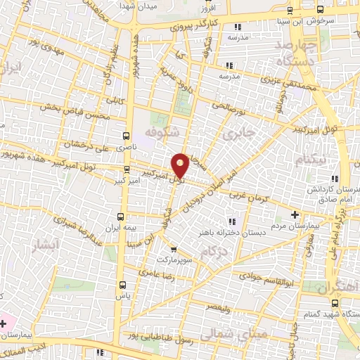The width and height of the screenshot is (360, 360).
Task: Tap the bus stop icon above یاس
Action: click(x=123, y=285)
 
